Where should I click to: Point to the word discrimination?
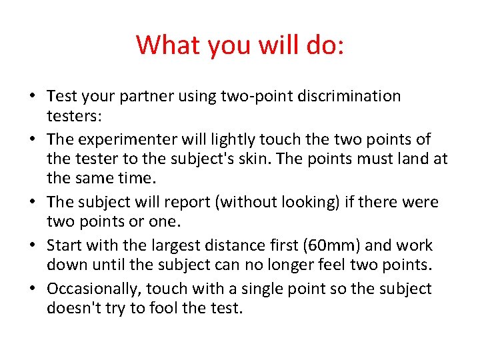coord(339,97)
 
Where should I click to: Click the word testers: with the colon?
coord(74,116)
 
